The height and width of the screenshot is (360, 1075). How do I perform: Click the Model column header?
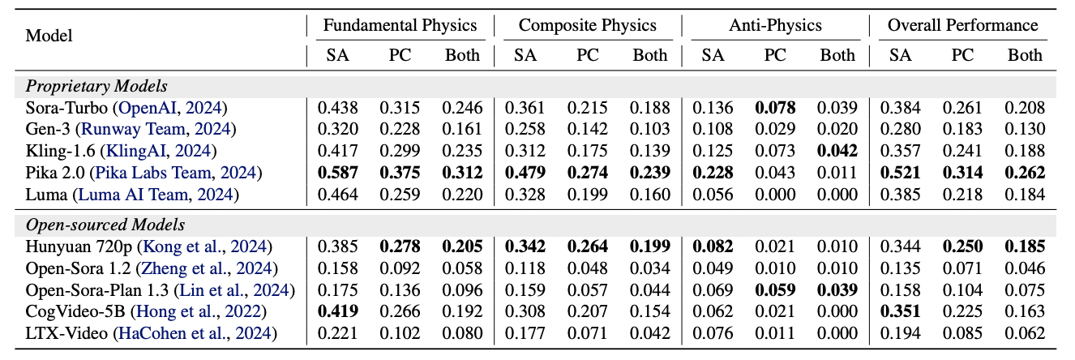[x=49, y=35]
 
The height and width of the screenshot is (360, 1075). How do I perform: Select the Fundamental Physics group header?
[x=400, y=25]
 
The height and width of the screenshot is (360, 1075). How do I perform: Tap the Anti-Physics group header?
[x=775, y=25]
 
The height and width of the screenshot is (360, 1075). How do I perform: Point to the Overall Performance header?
[x=962, y=25]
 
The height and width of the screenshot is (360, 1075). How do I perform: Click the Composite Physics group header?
[x=587, y=25]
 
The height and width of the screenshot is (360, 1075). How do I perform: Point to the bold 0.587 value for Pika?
[x=337, y=172]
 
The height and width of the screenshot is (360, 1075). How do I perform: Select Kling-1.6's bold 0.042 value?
[x=837, y=151]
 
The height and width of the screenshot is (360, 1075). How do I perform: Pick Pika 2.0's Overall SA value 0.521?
[x=900, y=172]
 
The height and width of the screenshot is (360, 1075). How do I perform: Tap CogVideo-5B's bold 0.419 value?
[x=337, y=311]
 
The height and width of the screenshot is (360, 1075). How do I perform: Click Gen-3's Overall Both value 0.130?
[x=1025, y=129]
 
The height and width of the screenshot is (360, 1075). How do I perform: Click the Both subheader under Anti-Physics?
[x=837, y=55]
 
